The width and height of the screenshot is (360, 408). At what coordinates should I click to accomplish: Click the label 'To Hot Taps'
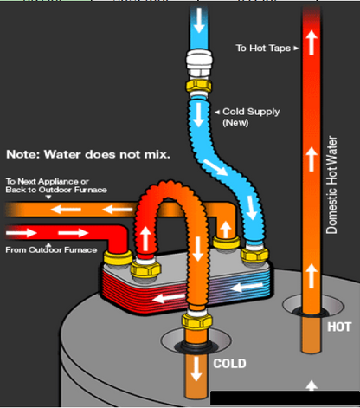261,48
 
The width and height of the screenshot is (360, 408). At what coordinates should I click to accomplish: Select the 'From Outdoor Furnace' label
48,251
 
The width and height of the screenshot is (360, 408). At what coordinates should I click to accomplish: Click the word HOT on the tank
338,327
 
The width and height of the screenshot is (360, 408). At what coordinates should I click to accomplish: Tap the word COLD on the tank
228,363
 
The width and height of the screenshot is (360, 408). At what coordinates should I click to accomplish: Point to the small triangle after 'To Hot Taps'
295,48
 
